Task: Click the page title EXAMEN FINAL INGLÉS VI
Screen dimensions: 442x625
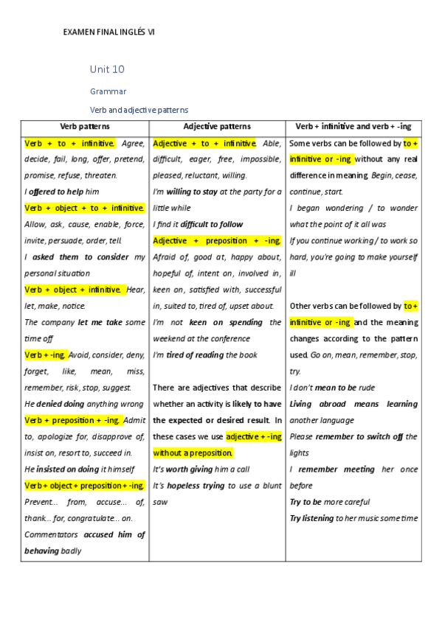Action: (x=109, y=32)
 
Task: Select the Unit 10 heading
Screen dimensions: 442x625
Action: (x=107, y=69)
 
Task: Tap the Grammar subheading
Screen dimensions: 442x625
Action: (x=108, y=91)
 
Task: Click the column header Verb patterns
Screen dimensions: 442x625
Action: (x=85, y=127)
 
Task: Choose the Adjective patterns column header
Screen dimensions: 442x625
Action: (x=217, y=127)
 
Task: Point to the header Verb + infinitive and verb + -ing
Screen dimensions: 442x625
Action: (x=353, y=127)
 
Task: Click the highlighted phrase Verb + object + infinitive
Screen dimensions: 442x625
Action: (x=73, y=290)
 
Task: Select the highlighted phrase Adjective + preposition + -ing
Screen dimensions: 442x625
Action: (x=217, y=241)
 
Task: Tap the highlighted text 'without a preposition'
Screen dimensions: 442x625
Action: (x=193, y=453)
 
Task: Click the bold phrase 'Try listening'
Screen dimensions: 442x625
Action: (x=311, y=518)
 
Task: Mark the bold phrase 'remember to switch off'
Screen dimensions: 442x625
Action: (x=359, y=436)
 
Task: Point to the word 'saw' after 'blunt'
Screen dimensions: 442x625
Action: (x=160, y=502)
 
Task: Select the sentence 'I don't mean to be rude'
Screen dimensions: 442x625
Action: (x=332, y=388)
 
